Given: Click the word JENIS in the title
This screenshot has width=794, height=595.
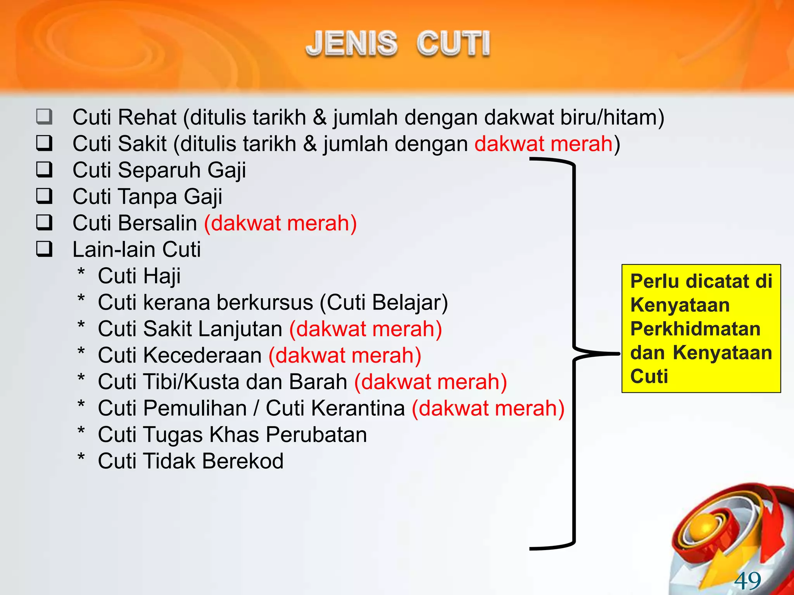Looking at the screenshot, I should tap(351, 43).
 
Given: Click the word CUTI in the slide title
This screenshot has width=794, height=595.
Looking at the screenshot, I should tap(453, 43).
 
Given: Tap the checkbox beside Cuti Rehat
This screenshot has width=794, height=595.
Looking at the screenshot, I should tap(44, 117).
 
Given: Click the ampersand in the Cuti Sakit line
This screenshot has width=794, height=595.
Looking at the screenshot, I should tap(310, 144).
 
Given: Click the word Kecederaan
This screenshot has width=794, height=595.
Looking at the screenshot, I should tap(202, 355).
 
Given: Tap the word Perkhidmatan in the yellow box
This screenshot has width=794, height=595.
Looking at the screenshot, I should tap(695, 329).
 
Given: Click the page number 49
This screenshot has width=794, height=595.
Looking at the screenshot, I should tap(747, 581).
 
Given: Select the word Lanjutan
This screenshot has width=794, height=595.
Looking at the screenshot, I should tap(240, 329).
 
